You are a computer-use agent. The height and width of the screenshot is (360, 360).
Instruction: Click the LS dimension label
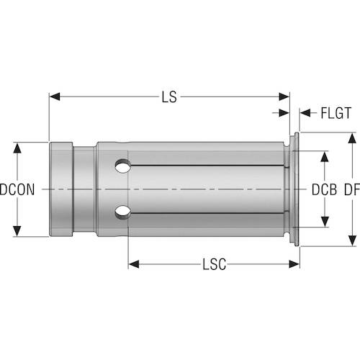(169, 95)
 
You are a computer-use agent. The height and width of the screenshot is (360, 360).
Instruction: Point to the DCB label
(325, 190)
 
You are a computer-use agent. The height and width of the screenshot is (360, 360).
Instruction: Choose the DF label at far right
(351, 190)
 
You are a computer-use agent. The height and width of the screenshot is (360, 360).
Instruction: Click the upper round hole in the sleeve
(124, 167)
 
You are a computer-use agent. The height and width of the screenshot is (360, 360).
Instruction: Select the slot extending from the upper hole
(209, 166)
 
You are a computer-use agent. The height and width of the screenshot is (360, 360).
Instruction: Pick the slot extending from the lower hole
(209, 213)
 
